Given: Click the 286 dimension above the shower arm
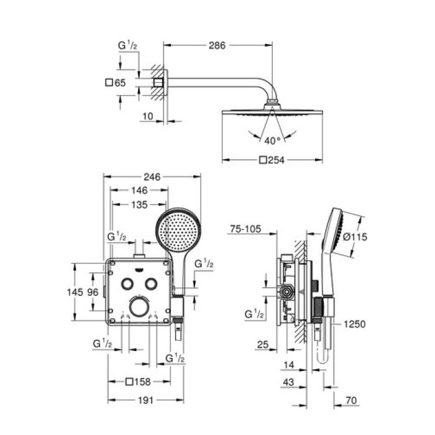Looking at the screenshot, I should click(x=217, y=45).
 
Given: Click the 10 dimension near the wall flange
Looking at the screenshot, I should click(x=147, y=116).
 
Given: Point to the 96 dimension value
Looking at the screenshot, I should click(x=93, y=292).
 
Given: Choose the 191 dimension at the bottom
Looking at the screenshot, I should click(x=145, y=400).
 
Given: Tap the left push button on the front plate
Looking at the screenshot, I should click(x=127, y=283).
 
